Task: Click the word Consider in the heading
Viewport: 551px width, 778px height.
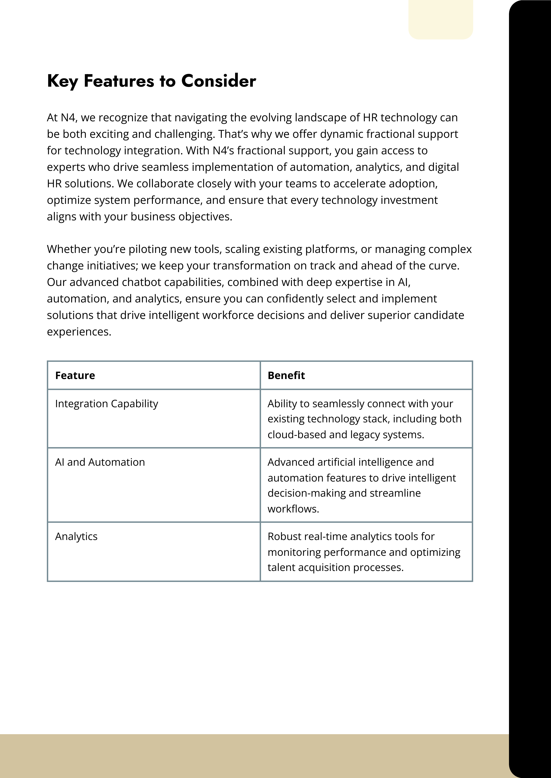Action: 219,81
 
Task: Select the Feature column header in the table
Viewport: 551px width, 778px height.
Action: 75,375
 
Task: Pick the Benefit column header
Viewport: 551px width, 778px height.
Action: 286,375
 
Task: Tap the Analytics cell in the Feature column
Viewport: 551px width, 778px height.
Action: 76,536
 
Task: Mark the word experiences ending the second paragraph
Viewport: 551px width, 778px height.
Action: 79,332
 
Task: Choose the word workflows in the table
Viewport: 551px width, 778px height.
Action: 293,509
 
